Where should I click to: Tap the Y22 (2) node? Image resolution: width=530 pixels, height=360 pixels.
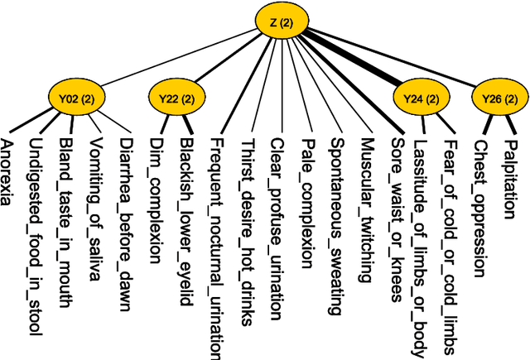point(175,98)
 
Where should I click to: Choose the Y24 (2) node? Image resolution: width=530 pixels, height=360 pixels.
point(418,98)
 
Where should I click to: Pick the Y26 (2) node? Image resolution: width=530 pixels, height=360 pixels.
point(498,98)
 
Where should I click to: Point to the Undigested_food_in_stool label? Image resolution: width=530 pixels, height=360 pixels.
point(36,236)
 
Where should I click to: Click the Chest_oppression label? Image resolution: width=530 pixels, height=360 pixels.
point(478,204)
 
